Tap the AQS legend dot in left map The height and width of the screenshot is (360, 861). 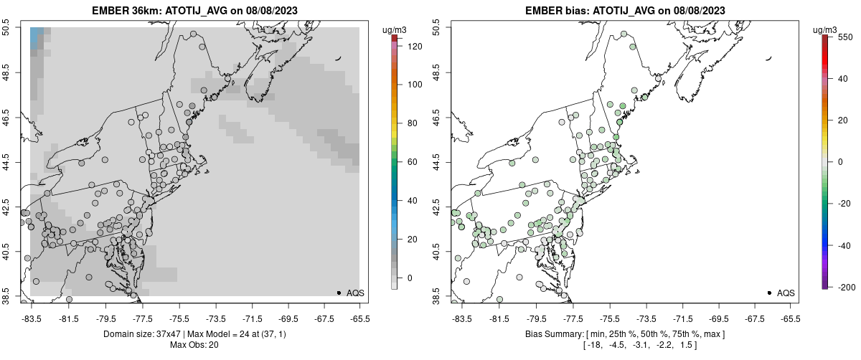click(339, 293)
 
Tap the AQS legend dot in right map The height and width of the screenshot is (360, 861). click(769, 293)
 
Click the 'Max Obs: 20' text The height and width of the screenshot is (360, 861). click(194, 345)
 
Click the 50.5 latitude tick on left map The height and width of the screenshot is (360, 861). click(6, 28)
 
